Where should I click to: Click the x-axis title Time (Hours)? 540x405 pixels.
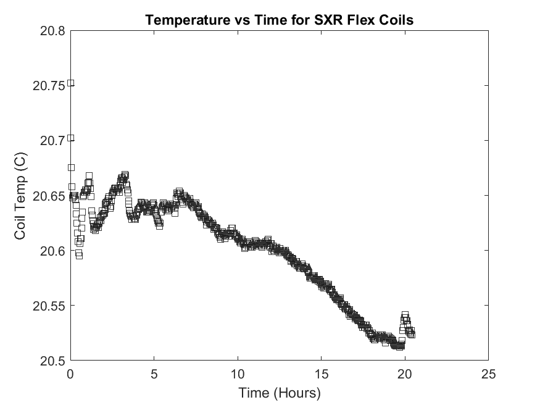pyautogui.click(x=279, y=393)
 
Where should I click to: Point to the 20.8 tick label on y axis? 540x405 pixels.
pyautogui.click(x=52, y=31)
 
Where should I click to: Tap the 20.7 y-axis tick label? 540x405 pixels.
pyautogui.click(x=52, y=141)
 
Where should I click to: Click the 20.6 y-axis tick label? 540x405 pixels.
pyautogui.click(x=52, y=251)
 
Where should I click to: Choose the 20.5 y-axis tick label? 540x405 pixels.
pyautogui.click(x=52, y=361)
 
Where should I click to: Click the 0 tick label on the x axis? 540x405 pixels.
pyautogui.click(x=70, y=374)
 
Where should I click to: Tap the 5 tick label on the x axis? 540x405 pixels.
pyautogui.click(x=154, y=374)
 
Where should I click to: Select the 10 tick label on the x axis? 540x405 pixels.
pyautogui.click(x=238, y=374)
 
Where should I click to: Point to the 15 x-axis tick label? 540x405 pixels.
pyautogui.click(x=321, y=374)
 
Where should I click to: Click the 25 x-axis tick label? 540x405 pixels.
pyautogui.click(x=488, y=374)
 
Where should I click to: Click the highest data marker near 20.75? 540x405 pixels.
pyautogui.click(x=71, y=83)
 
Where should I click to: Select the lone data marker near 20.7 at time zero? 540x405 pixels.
pyautogui.click(x=71, y=138)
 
